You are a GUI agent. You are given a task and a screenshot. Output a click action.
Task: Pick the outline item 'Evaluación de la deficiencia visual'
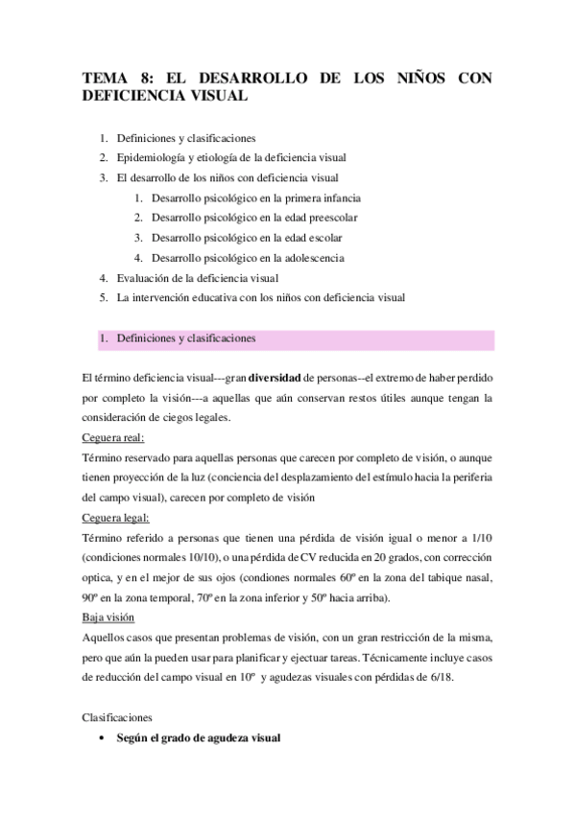(x=197, y=277)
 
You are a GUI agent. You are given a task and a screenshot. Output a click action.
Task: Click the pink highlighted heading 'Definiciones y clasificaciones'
(x=186, y=338)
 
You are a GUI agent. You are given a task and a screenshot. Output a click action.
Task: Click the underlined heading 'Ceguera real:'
(x=113, y=438)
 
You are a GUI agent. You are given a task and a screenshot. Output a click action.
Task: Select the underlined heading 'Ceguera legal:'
(x=115, y=519)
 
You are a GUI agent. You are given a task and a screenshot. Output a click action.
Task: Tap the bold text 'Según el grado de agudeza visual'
(x=199, y=738)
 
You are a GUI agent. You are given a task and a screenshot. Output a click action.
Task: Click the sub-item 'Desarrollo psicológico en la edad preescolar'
(x=249, y=218)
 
